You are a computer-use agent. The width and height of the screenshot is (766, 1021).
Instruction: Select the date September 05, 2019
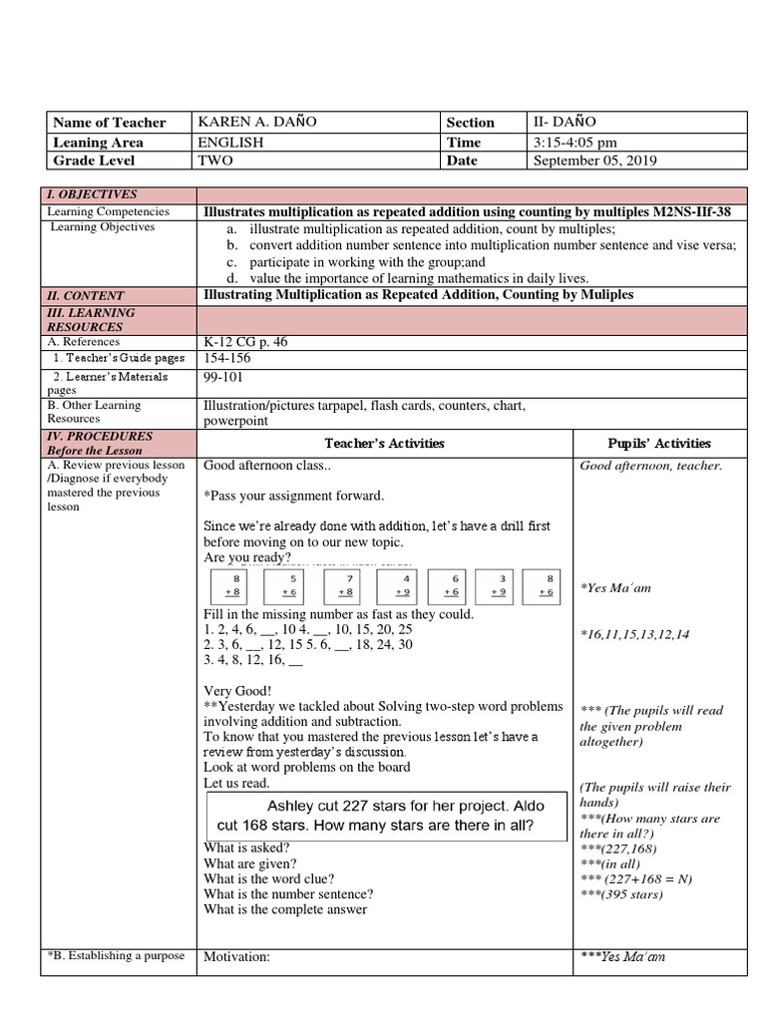tap(595, 161)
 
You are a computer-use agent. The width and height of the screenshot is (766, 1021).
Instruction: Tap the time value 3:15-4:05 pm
tap(576, 142)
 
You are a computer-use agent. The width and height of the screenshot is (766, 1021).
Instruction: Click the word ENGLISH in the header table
tap(230, 142)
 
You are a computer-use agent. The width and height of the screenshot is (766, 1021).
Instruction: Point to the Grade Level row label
tap(94, 161)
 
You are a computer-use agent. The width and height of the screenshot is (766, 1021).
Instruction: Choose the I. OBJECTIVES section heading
tap(92, 194)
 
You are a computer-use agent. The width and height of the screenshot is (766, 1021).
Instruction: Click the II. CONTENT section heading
tap(89, 295)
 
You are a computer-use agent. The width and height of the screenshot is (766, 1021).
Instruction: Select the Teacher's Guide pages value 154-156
tap(224, 358)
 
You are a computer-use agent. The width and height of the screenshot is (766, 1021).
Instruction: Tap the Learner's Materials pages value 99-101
tap(222, 377)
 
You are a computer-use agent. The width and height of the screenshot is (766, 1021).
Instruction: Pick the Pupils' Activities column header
tap(659, 443)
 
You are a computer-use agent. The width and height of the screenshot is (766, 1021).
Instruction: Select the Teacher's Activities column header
tap(384, 443)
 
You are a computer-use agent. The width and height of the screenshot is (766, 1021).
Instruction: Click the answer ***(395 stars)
tap(621, 893)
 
